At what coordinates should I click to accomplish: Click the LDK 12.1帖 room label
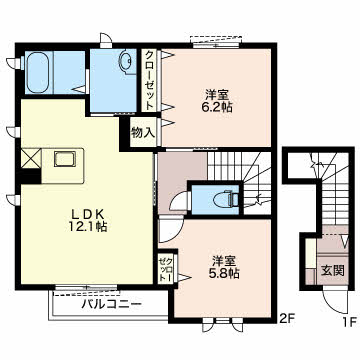[x=89, y=220]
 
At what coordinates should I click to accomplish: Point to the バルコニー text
[x=112, y=304]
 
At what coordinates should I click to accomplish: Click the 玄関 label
[x=332, y=271]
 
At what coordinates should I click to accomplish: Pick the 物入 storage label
[x=143, y=133]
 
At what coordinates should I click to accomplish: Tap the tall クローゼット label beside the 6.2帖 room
[x=150, y=80]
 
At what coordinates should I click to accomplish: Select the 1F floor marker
[x=348, y=322]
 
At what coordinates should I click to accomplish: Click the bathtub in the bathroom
[x=39, y=72]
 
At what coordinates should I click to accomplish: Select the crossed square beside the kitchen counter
[x=31, y=158]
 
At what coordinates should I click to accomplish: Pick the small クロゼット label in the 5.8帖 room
[x=164, y=269]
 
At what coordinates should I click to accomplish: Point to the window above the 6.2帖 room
[x=216, y=41]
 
